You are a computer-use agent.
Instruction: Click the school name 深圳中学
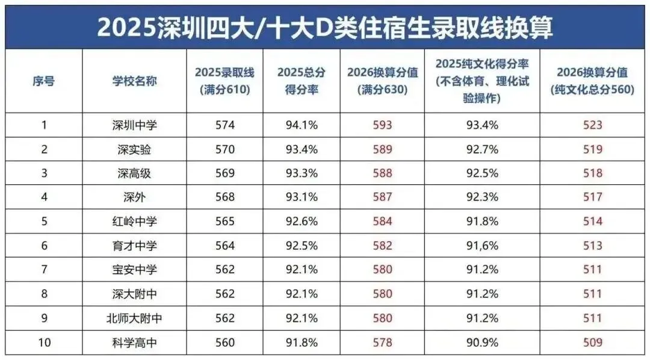(135, 125)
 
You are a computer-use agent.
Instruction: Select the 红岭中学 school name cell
(135, 222)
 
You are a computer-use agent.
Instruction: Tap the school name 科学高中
(135, 342)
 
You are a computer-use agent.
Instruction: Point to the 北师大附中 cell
(135, 318)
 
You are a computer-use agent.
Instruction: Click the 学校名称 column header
(135, 81)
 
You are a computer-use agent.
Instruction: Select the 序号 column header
(43, 81)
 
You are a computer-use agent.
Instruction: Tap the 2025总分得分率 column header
(302, 81)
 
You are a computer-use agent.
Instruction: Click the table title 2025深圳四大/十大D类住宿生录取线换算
(325, 26)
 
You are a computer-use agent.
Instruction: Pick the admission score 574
(224, 125)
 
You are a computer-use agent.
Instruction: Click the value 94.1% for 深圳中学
(302, 125)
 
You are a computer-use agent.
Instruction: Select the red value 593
(383, 125)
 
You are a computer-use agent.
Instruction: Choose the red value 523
(593, 125)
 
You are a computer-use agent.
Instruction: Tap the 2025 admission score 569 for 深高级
(224, 173)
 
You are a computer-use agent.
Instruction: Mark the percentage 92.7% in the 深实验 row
(482, 149)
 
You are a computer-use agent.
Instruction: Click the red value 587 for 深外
(383, 197)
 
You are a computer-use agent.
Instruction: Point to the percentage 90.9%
(482, 342)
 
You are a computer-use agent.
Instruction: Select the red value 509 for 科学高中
(593, 342)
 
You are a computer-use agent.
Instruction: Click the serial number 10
(43, 342)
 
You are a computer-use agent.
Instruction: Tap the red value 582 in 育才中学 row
(383, 246)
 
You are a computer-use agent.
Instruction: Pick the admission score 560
(224, 342)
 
